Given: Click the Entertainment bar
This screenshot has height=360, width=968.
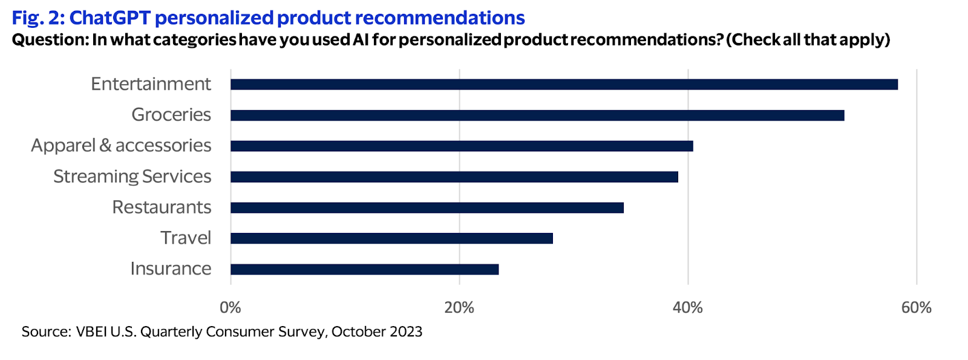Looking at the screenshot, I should (x=564, y=84).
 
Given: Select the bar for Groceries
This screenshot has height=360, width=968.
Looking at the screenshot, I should (x=537, y=115).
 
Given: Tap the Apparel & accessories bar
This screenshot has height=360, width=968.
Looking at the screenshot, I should (x=462, y=146).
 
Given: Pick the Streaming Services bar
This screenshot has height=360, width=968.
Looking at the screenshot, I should (x=454, y=177).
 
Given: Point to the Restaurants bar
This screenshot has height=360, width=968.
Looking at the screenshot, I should (x=427, y=208).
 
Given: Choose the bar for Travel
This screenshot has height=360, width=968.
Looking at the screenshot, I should (x=391, y=238).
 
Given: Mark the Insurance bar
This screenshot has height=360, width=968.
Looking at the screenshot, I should (x=364, y=269).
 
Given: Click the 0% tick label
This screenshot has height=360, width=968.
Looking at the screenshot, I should (x=231, y=307).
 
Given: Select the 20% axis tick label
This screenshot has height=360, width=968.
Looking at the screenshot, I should (x=459, y=307).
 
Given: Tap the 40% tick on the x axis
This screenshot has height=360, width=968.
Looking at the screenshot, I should (x=688, y=307).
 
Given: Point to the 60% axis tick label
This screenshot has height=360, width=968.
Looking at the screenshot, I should (x=917, y=307).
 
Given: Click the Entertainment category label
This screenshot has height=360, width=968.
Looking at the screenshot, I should (x=151, y=83).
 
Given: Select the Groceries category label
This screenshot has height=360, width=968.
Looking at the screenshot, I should (x=171, y=114).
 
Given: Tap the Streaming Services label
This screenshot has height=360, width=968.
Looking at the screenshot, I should (x=132, y=176).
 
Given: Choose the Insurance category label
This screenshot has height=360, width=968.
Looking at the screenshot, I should (x=171, y=268).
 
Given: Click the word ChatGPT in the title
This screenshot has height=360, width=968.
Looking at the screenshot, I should (x=110, y=18).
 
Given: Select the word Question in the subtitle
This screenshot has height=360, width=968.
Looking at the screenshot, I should (x=49, y=40).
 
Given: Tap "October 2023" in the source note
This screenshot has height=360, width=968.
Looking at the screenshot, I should (x=376, y=332).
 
